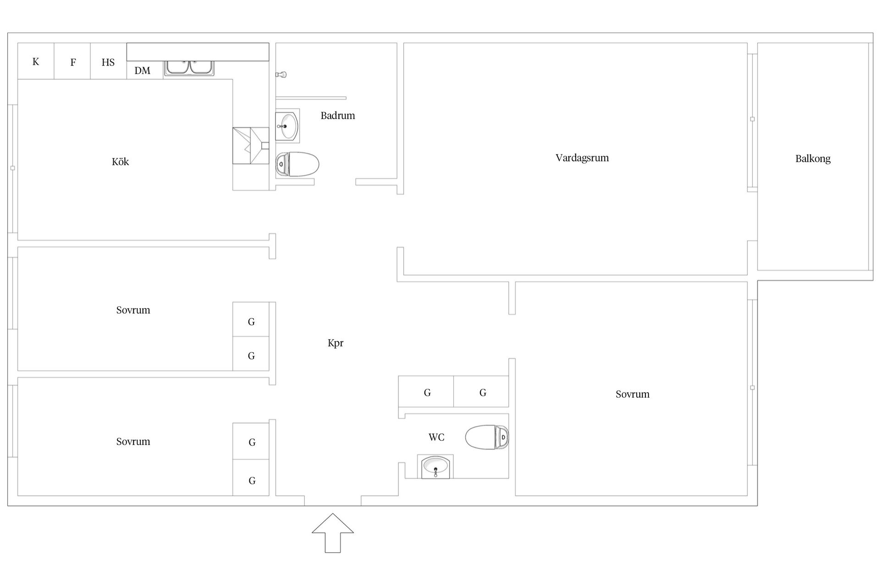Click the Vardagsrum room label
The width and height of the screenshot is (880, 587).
[582, 158]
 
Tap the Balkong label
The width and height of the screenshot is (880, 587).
[813, 159]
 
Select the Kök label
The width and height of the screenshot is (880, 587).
[120, 161]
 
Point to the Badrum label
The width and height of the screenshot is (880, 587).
[338, 116]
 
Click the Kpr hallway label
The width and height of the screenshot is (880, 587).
[335, 343]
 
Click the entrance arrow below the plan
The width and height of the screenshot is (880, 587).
[333, 533]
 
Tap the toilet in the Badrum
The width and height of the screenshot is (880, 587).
[297, 164]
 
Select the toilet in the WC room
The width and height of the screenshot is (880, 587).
[487, 437]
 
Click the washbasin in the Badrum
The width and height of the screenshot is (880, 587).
[287, 126]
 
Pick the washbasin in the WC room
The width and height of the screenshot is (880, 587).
[435, 467]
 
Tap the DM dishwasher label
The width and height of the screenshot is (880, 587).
[143, 71]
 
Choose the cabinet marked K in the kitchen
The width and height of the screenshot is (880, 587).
[36, 61]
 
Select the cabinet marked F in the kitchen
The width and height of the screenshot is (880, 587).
[72, 61]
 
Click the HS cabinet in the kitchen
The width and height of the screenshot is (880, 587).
[108, 61]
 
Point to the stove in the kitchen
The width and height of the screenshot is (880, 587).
[251, 145]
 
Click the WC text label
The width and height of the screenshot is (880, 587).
[436, 437]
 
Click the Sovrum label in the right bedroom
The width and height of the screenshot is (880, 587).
[632, 394]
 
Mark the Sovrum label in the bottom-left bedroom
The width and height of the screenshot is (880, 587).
[133, 442]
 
